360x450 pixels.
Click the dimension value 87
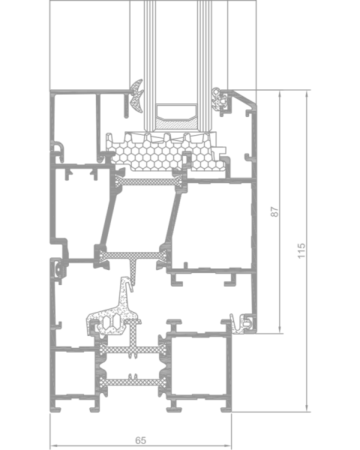pyautogui.click(x=275, y=211)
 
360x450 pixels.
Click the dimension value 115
pyautogui.click(x=301, y=250)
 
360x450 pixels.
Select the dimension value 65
pyautogui.click(x=140, y=440)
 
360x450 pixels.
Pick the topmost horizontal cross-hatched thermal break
pyautogui.click(x=148, y=182)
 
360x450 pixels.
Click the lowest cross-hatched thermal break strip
pyautogui.click(x=133, y=382)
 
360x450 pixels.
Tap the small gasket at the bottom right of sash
pyautogui.click(x=242, y=324)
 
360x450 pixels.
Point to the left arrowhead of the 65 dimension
pyautogui.click(x=53, y=446)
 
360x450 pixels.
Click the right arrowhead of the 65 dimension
pyautogui.click(x=228, y=446)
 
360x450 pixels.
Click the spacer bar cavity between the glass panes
pyautogui.click(x=176, y=111)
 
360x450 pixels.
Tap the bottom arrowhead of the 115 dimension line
pyautogui.click(x=307, y=409)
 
